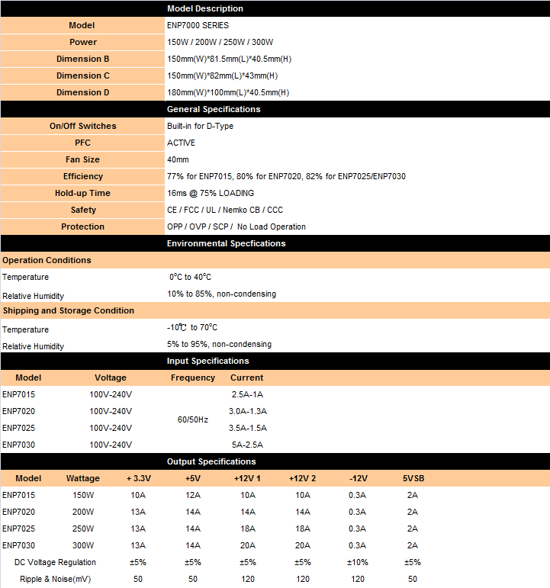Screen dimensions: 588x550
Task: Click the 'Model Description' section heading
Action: click(x=205, y=8)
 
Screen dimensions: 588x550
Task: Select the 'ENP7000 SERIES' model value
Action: click(x=198, y=25)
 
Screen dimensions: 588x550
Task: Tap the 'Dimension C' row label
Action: click(x=82, y=76)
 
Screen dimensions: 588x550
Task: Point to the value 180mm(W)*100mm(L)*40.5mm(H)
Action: click(x=228, y=92)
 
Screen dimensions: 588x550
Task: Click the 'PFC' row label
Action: click(x=82, y=143)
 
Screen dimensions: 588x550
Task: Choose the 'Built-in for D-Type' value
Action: click(x=200, y=126)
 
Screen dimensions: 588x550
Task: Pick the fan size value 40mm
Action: click(x=178, y=159)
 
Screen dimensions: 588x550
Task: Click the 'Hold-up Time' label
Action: click(x=82, y=193)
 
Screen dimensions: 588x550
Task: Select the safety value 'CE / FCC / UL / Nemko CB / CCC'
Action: click(x=225, y=210)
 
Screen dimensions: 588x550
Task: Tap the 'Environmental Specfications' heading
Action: click(x=226, y=243)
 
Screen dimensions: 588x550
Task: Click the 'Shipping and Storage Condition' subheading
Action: click(x=69, y=310)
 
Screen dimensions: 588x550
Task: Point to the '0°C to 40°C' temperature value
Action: click(x=190, y=277)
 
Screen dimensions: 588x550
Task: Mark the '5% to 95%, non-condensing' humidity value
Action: click(x=219, y=344)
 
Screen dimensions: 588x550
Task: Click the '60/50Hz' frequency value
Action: click(x=193, y=419)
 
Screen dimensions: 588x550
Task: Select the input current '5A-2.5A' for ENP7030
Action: click(x=246, y=445)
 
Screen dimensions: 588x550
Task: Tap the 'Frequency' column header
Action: click(x=193, y=378)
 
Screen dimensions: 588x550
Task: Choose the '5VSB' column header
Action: click(x=413, y=478)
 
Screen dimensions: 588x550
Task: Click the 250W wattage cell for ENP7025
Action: click(x=83, y=529)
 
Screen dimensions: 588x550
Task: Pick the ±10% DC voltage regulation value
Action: click(x=358, y=562)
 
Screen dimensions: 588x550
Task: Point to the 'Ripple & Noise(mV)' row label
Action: click(x=56, y=579)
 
